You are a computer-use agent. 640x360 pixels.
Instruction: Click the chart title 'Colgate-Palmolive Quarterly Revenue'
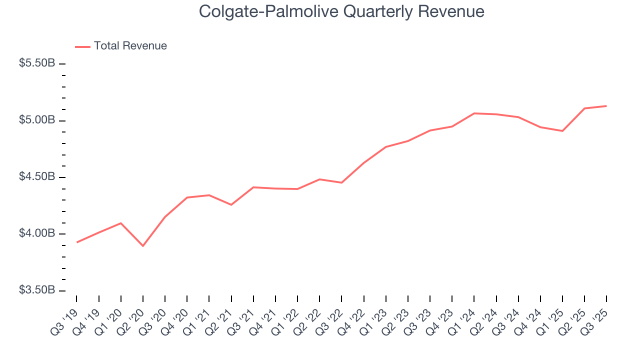click(341, 11)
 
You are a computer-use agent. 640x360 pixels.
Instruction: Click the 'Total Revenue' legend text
click(130, 46)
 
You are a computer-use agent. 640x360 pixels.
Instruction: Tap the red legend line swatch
click(82, 46)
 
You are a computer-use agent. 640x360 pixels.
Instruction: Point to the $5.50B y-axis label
click(37, 64)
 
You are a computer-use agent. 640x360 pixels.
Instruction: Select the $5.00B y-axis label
click(37, 120)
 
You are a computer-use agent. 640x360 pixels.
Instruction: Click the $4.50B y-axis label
click(37, 177)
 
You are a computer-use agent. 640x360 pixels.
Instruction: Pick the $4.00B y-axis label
click(37, 234)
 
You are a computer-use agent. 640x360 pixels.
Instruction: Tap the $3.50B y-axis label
click(37, 290)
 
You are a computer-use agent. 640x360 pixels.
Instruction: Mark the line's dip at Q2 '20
click(143, 246)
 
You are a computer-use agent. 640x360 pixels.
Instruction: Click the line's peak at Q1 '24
click(474, 113)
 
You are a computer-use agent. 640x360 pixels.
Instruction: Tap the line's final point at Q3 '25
click(606, 106)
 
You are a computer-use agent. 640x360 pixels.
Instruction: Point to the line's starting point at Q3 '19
click(76, 242)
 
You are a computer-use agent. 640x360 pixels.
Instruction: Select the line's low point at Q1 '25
click(562, 131)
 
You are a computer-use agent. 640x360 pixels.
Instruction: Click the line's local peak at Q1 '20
click(121, 223)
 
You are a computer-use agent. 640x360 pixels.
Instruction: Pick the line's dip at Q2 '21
click(231, 205)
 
